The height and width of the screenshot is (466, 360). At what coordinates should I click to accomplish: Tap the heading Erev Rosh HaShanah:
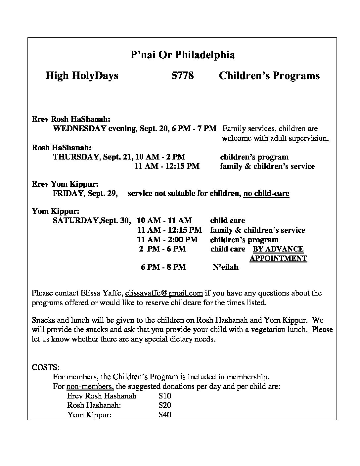pyautogui.click(x=71, y=119)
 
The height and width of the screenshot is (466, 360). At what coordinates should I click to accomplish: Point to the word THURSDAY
pyautogui.click(x=76, y=157)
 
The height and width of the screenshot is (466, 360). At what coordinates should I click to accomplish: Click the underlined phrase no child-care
pyautogui.click(x=266, y=193)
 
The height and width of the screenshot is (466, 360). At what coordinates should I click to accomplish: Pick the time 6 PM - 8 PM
pyautogui.click(x=163, y=267)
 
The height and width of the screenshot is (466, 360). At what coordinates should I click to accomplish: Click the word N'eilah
pyautogui.click(x=225, y=267)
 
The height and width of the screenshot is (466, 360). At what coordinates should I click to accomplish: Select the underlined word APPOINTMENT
pyautogui.click(x=278, y=258)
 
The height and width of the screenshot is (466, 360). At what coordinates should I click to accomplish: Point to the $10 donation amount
pyautogui.click(x=165, y=396)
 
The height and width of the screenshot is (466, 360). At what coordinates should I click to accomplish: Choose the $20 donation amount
pyautogui.click(x=165, y=405)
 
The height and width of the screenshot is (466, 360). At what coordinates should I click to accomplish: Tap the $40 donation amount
pyautogui.click(x=165, y=414)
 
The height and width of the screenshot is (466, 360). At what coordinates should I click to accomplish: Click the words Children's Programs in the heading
pyautogui.click(x=269, y=76)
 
